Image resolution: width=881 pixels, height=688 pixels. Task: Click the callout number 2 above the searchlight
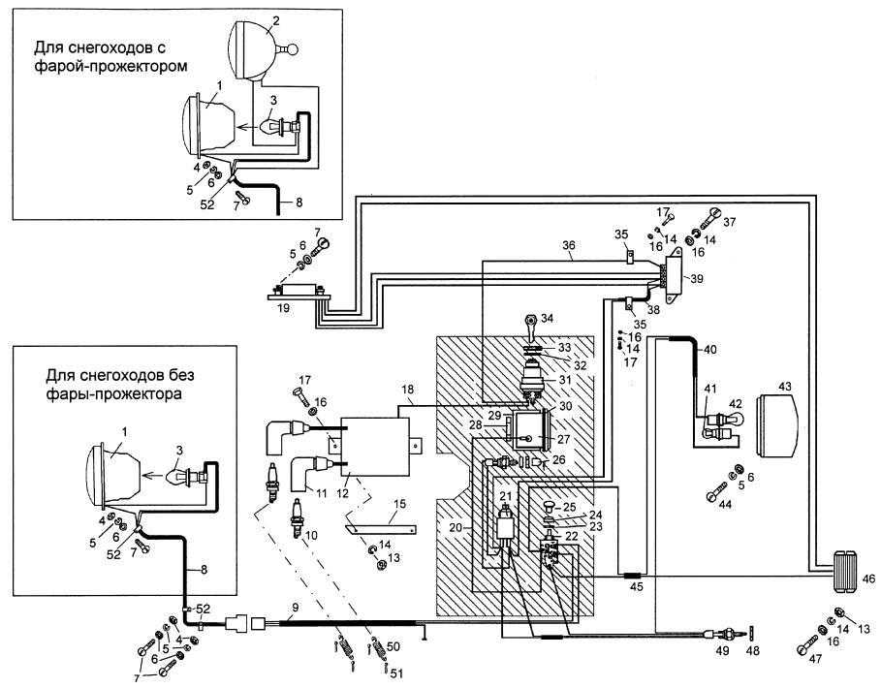point(275,21)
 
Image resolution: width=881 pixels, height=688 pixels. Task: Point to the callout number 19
point(284,308)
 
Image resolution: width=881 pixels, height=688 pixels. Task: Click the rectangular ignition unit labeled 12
point(374,446)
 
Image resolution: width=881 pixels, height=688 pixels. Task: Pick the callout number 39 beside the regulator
point(696,278)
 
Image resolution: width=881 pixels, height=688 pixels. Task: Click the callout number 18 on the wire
point(408,390)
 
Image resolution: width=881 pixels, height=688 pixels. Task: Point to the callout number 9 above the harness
point(295,607)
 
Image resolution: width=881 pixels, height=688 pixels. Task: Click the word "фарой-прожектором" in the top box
point(110,66)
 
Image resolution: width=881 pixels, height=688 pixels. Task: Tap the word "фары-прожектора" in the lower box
point(113,393)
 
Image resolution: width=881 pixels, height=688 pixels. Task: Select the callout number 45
point(636,587)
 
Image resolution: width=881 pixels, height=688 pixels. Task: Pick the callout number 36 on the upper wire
point(569,245)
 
